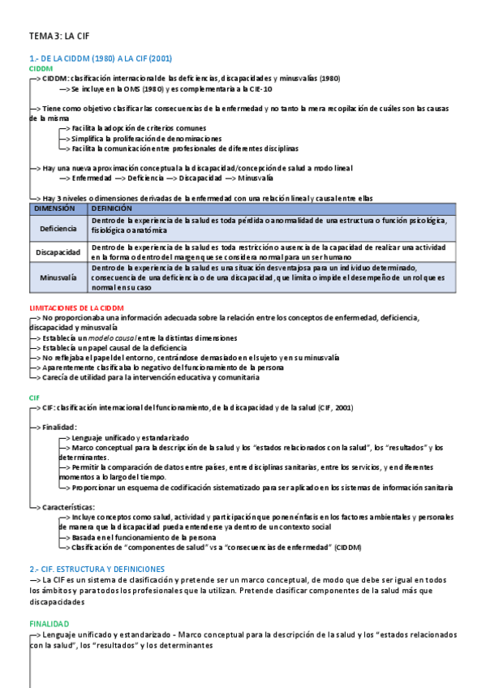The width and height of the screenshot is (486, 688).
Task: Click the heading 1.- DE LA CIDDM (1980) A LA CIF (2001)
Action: pyautogui.click(x=100, y=58)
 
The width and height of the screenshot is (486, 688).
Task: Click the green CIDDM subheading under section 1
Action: pyautogui.click(x=41, y=69)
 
